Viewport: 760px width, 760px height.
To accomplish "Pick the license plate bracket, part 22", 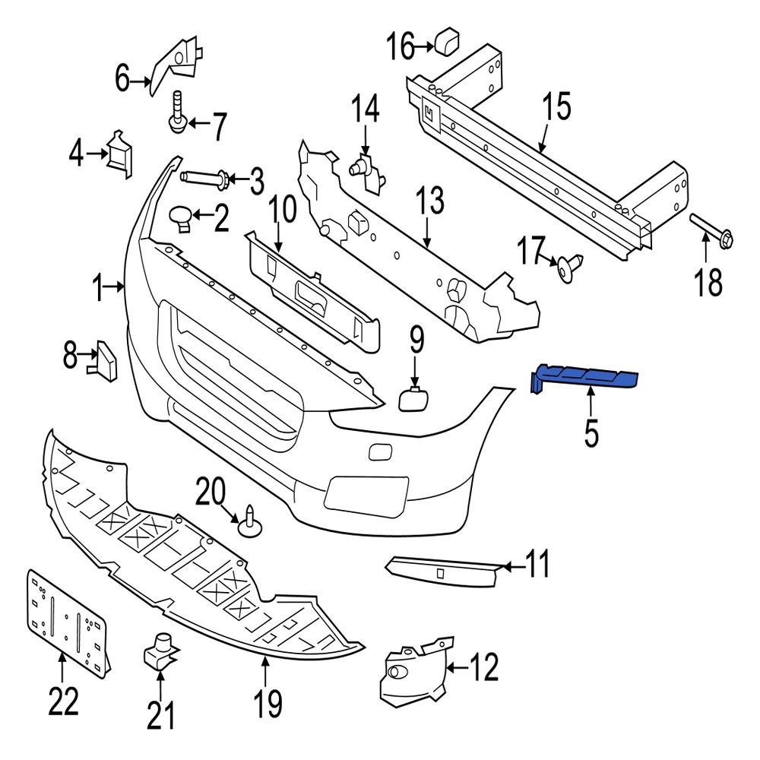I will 66,619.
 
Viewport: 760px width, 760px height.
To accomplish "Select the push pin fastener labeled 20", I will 250,522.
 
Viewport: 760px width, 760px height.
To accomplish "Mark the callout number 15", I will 556,107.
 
